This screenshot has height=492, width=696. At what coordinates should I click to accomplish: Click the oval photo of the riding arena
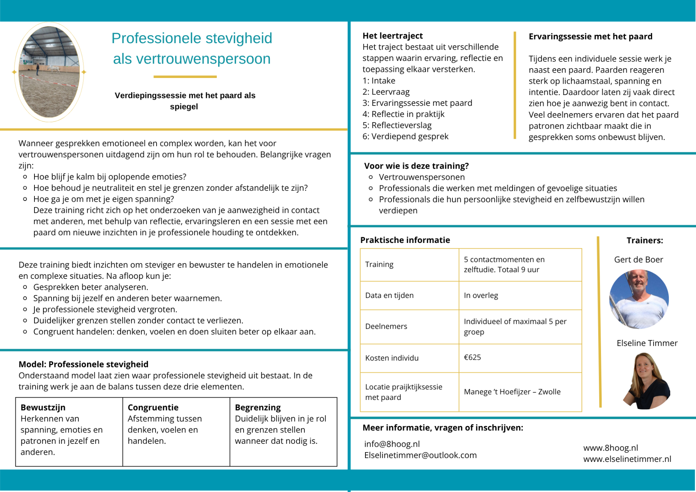tap(49, 72)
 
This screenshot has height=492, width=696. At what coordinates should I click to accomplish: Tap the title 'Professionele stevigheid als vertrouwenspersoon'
tap(192, 48)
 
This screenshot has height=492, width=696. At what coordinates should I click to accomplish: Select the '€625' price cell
tap(472, 357)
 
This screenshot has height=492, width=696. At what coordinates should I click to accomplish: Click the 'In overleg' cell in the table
tap(481, 295)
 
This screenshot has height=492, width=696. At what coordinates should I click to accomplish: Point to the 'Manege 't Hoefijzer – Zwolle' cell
tap(512, 392)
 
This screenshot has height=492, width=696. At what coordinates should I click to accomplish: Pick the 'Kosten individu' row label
tap(391, 358)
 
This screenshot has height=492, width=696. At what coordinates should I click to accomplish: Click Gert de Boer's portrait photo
tap(639, 299)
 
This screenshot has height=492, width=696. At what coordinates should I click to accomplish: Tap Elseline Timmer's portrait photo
tap(647, 381)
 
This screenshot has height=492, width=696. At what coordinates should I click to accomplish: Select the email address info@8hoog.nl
tap(392, 444)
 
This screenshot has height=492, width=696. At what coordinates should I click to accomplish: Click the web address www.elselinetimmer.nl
tap(627, 459)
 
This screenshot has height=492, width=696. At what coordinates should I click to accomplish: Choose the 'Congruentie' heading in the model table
tap(153, 408)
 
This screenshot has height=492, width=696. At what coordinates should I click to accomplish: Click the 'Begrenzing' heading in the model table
tap(258, 408)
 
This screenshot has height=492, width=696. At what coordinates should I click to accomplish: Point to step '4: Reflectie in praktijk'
tap(403, 114)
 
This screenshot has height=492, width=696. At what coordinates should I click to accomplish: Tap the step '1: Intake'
tap(379, 81)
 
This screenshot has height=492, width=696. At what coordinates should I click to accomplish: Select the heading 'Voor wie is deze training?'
tap(416, 166)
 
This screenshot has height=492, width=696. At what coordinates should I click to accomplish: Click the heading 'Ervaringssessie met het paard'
tap(590, 37)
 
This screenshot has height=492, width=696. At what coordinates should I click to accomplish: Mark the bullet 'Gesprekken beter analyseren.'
tap(91, 287)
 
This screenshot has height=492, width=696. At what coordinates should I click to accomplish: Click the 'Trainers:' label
tap(645, 240)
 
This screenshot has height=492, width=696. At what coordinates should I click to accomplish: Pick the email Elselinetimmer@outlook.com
tap(420, 455)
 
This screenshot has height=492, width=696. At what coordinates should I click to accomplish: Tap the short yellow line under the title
tap(185, 77)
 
